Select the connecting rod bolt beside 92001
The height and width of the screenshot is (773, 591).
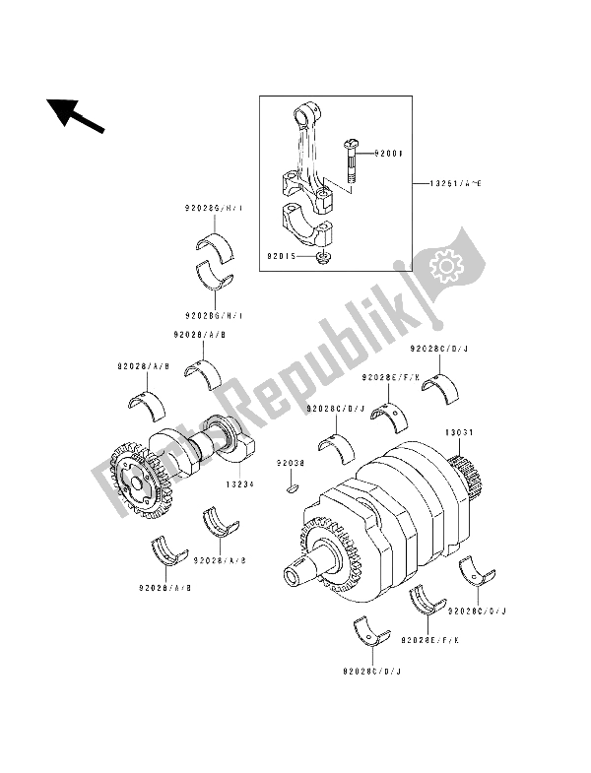click(x=350, y=161)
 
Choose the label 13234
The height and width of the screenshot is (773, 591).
click(x=242, y=483)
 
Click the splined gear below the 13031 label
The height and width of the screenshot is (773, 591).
click(x=465, y=473)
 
